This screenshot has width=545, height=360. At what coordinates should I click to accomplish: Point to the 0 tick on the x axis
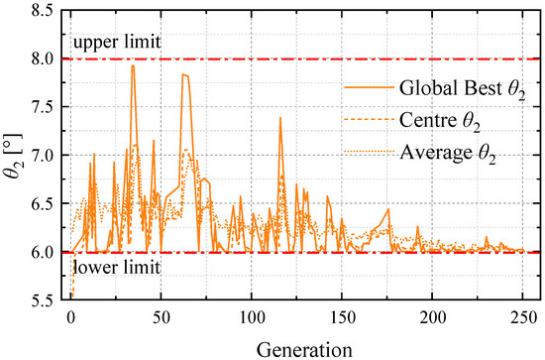coord(70,317)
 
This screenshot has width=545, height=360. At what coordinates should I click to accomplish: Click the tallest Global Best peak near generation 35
coord(133,65)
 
